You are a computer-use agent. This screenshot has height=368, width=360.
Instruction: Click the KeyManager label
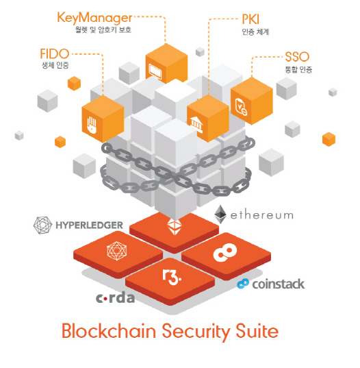94,19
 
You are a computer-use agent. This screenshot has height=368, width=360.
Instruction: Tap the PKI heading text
250,19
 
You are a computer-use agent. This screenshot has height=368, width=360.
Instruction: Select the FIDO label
55,53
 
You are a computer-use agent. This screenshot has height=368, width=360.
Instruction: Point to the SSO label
297,57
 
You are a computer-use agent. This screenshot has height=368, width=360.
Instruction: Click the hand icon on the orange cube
92,125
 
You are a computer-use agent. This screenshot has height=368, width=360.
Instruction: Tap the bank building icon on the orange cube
196,124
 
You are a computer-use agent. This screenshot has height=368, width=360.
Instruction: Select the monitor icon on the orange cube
155,71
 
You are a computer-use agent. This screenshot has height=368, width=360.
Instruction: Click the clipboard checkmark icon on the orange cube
241,108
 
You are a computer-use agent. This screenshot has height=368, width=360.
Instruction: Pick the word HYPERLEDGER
89,225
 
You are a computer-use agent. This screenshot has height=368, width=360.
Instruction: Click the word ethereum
262,215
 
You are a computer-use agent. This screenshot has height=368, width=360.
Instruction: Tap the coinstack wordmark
278,284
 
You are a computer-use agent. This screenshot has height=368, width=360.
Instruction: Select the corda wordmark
115,298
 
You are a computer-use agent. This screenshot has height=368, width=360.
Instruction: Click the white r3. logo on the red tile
172,277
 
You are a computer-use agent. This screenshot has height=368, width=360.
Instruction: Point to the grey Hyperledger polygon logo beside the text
42,225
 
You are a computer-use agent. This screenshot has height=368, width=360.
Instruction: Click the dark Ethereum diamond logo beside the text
220,214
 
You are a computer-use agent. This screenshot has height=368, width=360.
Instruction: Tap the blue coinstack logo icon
243,284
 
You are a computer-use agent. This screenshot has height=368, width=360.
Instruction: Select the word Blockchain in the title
109,331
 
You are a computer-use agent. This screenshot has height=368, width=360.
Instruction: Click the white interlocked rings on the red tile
224,252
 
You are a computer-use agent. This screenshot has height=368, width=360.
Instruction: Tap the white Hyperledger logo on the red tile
117,251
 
